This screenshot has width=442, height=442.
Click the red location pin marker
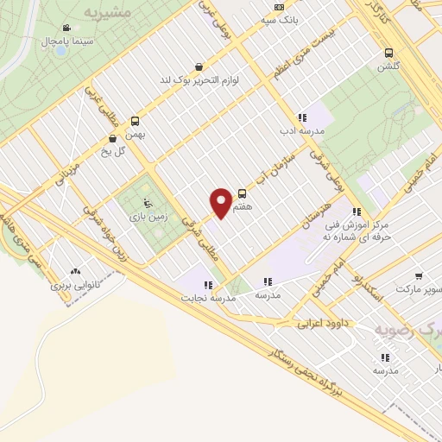[221, 203]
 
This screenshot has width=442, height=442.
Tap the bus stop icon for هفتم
[242, 194]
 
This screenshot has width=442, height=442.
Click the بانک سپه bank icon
[278, 7]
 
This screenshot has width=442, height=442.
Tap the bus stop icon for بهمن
[135, 122]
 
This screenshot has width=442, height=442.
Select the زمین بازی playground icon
[147, 204]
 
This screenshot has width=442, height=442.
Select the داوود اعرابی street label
[322, 325]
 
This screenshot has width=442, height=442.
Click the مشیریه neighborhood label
[108, 13]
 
